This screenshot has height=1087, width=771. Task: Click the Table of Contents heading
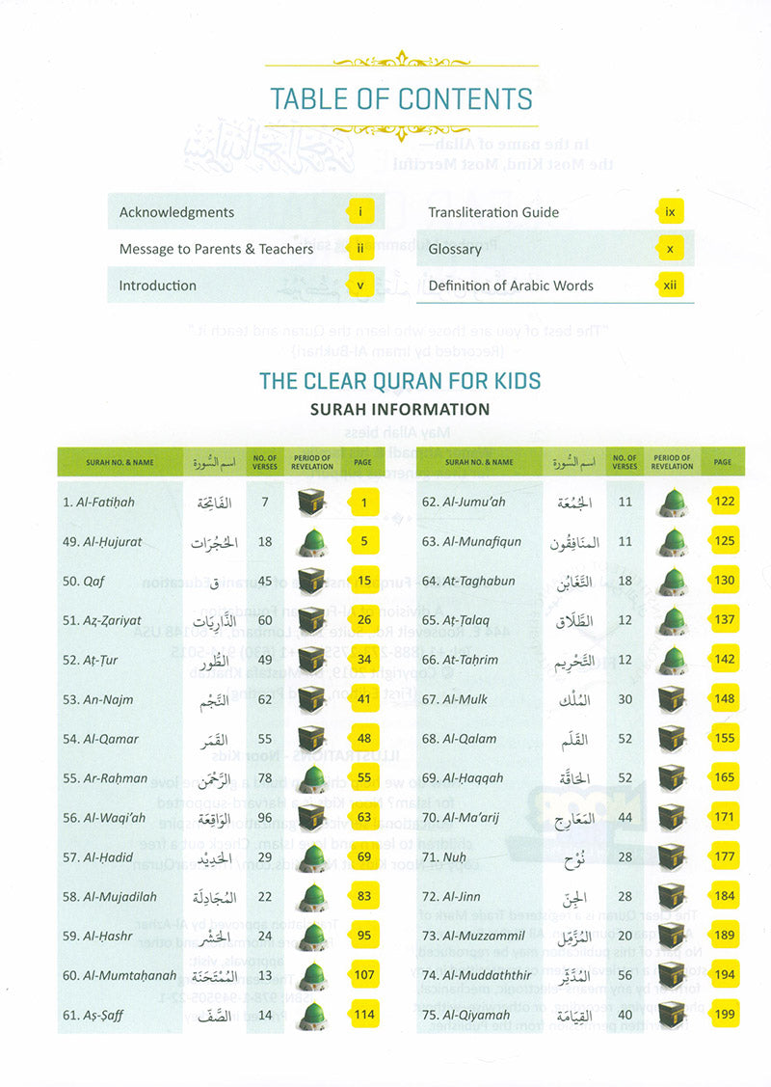[401, 99]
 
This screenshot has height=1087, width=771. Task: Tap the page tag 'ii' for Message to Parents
[359, 249]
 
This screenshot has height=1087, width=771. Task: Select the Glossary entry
[455, 249]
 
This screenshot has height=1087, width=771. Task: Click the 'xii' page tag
[671, 285]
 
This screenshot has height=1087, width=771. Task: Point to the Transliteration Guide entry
[493, 212]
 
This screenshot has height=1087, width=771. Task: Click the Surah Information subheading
[399, 409]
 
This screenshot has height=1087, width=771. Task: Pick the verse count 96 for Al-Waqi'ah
[264, 818]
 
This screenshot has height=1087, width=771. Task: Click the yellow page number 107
[363, 975]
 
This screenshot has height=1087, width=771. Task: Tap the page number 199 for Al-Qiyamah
[724, 1015]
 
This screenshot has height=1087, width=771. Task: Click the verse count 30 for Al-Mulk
[625, 700]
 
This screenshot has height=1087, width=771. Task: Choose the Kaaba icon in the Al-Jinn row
[673, 897]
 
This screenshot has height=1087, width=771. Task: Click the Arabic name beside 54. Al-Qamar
[216, 740]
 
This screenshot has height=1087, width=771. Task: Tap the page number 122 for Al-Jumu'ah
[724, 503]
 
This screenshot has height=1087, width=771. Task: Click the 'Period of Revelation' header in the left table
[311, 462]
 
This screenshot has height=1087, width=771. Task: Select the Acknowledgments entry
[176, 212]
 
